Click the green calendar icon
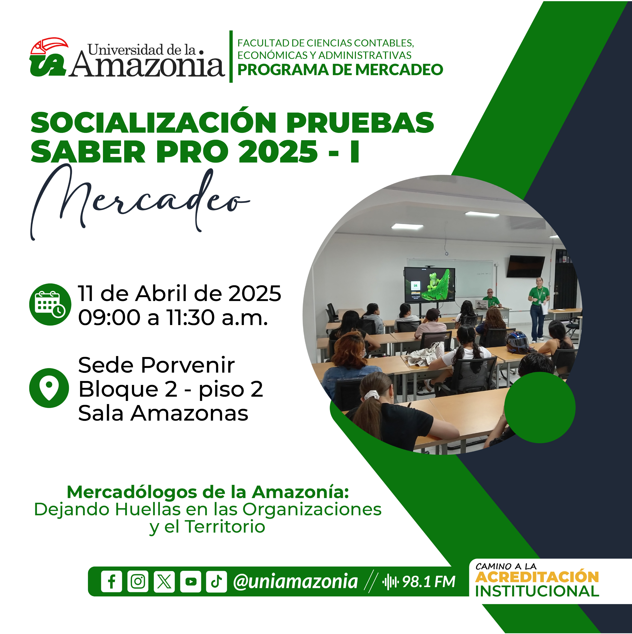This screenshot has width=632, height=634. pyautogui.click(x=50, y=305)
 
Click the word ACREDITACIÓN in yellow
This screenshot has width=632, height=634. pyautogui.click(x=537, y=577)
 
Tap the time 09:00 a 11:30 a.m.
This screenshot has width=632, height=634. pyautogui.click(x=173, y=318)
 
